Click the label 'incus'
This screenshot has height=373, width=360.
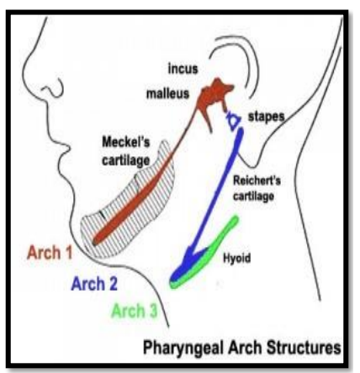(183, 69)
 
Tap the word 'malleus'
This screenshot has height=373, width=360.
(168, 93)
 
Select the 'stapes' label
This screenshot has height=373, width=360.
(266, 117)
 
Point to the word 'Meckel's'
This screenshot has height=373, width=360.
(126, 142)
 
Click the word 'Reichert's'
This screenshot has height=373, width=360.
(257, 181)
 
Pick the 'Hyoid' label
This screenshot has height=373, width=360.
(236, 258)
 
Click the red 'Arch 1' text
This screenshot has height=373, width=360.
(50, 252)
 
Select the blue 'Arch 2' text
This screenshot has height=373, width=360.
(94, 284)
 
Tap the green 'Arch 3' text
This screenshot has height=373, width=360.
(135, 311)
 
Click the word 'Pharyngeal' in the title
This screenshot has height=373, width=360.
(183, 348)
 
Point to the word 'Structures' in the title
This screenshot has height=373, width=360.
(304, 347)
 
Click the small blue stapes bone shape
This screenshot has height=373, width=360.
(233, 120)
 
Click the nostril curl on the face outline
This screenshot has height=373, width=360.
(53, 88)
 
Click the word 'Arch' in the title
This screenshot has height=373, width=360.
(245, 348)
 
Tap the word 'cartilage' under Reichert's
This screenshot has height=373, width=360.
(253, 196)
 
